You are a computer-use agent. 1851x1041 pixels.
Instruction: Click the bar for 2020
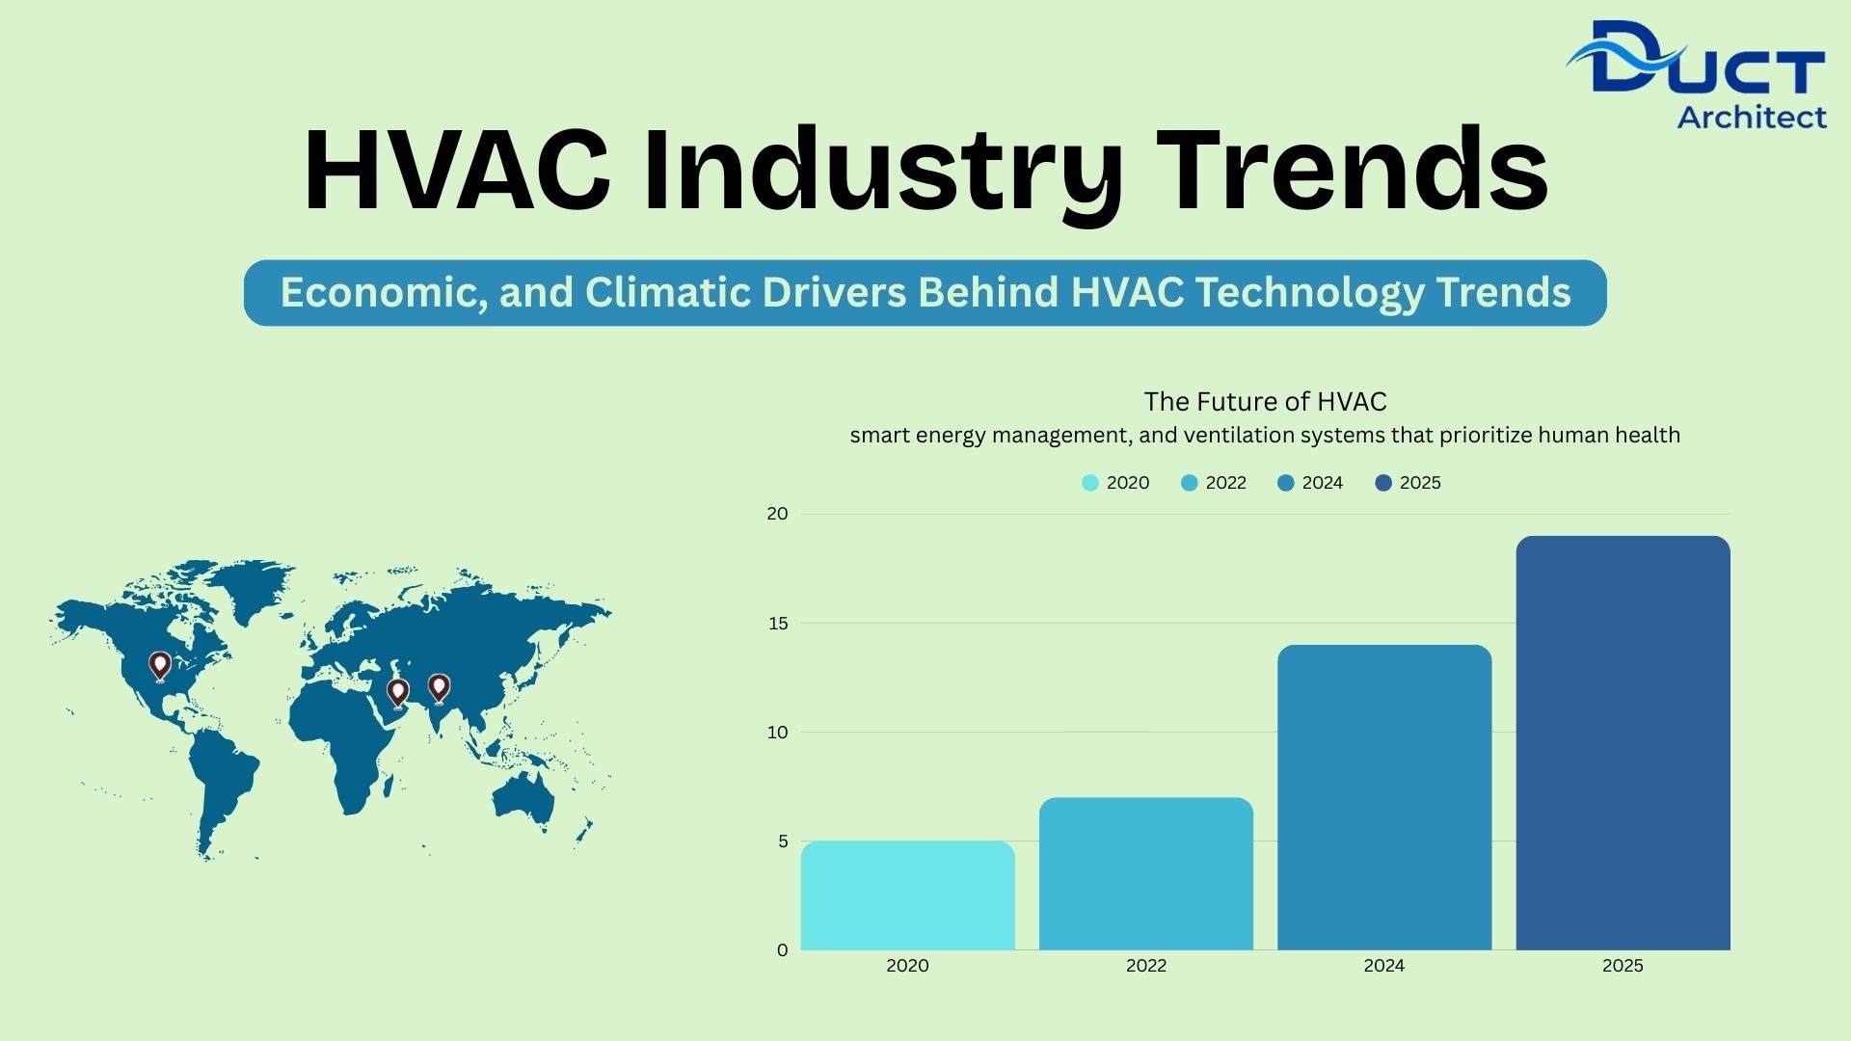click(x=907, y=895)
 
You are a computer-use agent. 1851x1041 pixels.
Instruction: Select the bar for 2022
click(x=1146, y=873)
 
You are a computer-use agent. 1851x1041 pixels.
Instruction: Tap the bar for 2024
click(x=1384, y=797)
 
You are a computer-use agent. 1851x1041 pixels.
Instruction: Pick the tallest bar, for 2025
click(x=1623, y=743)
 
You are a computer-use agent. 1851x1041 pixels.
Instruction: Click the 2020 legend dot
click(x=1090, y=483)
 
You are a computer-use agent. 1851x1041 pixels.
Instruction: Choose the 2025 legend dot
click(x=1383, y=483)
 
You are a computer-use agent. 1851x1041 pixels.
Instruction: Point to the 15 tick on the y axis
click(x=778, y=624)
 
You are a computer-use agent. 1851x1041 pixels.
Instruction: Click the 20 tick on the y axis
click(x=777, y=514)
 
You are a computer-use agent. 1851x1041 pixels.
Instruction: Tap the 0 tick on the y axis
click(x=783, y=950)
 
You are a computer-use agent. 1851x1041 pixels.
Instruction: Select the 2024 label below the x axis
click(x=1384, y=966)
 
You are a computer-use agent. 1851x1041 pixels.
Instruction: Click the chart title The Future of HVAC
click(x=1266, y=402)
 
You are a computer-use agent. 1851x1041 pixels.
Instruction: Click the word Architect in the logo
click(x=1752, y=117)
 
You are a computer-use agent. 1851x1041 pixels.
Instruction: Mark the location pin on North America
click(x=160, y=666)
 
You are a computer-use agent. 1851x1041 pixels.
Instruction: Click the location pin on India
click(x=439, y=688)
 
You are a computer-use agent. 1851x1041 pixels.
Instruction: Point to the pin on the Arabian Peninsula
click(x=397, y=693)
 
